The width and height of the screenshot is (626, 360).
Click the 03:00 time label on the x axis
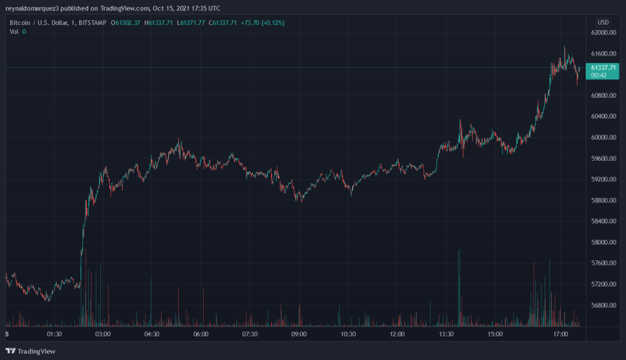pyautogui.click(x=103, y=334)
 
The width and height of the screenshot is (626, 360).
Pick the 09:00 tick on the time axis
pyautogui.click(x=299, y=334)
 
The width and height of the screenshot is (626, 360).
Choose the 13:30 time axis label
pyautogui.click(x=446, y=334)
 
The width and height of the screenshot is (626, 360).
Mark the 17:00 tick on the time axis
pyautogui.click(x=560, y=334)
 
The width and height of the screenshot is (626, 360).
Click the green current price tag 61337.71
pyautogui.click(x=603, y=67)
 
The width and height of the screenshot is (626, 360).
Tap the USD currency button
pyautogui.click(x=603, y=22)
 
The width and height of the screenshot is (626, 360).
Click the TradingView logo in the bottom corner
pyautogui.click(x=31, y=351)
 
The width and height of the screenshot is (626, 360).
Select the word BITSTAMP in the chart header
pyautogui.click(x=89, y=23)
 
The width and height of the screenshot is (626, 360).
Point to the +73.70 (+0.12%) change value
pyautogui.click(x=262, y=23)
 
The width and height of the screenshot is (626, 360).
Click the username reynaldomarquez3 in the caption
pyautogui.click(x=32, y=8)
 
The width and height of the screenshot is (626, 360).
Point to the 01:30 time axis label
pyautogui.click(x=54, y=334)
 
